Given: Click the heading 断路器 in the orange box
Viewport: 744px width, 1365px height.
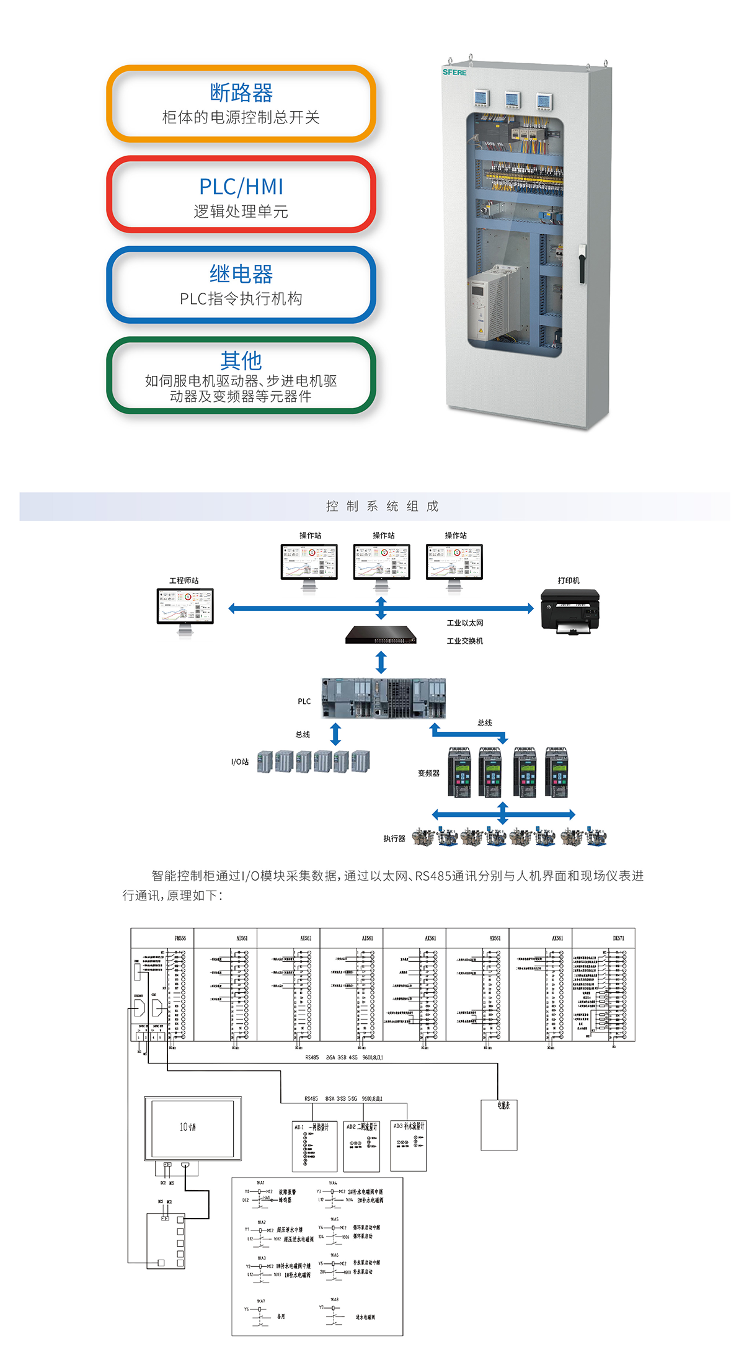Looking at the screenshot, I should point(241,93).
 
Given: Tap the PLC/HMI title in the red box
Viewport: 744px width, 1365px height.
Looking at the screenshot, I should point(241,187).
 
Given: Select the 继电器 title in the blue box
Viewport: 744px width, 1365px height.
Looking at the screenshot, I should point(241,274).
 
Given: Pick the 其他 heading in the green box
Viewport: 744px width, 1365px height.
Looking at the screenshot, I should point(241,360).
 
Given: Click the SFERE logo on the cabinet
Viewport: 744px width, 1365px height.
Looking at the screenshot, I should point(454,73).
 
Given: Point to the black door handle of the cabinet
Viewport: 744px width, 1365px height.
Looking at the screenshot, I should point(582,264).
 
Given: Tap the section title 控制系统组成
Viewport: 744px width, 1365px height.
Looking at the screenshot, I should point(382,506).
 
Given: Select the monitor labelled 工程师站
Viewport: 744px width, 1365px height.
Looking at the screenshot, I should point(185,608).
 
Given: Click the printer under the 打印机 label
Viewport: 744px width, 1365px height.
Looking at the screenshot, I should point(570,611).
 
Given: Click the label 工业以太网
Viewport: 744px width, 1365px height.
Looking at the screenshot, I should point(464,623).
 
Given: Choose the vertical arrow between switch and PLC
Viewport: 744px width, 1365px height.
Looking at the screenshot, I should point(381,662).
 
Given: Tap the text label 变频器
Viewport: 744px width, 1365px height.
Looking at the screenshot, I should point(428,773).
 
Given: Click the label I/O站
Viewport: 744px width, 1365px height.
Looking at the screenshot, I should point(240,762).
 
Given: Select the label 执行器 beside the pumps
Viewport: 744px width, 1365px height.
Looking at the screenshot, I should point(394,838).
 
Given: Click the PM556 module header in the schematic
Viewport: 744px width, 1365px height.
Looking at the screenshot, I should point(180,938).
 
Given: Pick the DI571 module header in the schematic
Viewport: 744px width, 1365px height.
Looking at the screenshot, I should point(618,938).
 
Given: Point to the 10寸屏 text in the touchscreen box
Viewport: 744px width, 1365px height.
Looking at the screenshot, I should point(187,1127).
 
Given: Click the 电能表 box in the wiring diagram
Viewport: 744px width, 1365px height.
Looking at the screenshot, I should point(500,1125).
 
